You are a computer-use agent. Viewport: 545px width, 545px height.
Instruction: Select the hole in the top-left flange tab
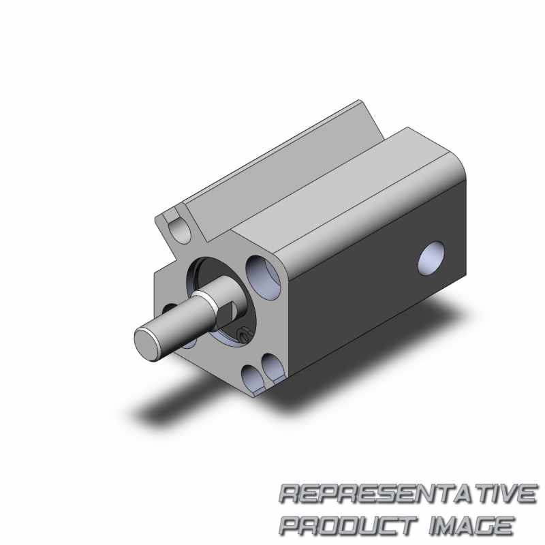[x=179, y=231]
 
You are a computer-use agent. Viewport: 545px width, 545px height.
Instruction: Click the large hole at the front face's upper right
[x=264, y=277]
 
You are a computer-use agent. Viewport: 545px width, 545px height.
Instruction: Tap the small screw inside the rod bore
[x=243, y=334]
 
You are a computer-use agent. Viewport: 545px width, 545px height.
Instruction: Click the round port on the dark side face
[x=432, y=258]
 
